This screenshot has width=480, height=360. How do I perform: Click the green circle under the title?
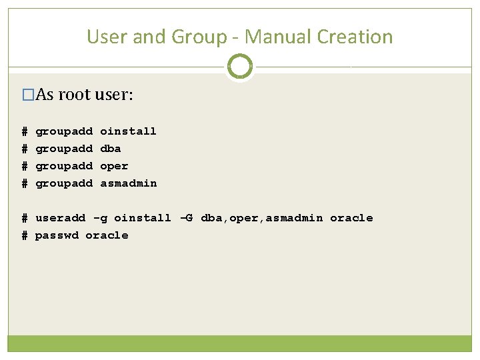[240, 67]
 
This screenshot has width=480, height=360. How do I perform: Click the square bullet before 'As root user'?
[28, 95]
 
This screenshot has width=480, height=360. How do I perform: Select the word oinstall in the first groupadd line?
[128, 131]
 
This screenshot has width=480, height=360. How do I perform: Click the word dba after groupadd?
[111, 149]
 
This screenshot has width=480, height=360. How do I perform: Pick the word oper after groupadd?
[114, 166]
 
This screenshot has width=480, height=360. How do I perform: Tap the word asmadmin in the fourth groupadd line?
[128, 183]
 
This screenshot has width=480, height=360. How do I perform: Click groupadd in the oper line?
[63, 166]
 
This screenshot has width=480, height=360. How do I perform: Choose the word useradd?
[60, 218]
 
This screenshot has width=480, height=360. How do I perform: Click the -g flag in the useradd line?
[100, 218]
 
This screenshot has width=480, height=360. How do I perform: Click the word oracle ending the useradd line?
[351, 218]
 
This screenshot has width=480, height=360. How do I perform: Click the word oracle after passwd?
[107, 235]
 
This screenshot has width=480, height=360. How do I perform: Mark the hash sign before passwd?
[25, 235]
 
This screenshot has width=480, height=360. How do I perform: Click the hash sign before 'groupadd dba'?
[25, 149]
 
